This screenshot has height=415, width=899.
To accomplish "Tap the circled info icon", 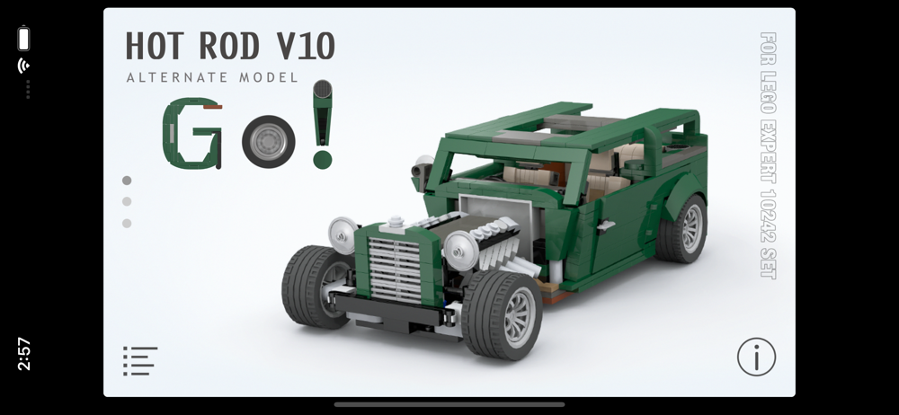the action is pos(756,357).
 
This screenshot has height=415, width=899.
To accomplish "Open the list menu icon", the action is pos(140,360).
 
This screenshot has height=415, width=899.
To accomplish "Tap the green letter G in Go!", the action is pos(192,134).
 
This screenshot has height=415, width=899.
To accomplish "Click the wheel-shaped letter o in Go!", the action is pos(268,142).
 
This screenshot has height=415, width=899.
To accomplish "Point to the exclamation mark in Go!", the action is pos(322,124).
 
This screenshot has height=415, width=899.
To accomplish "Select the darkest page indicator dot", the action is pos(127,181).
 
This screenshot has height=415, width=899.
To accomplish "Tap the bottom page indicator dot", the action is pos(127,224).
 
